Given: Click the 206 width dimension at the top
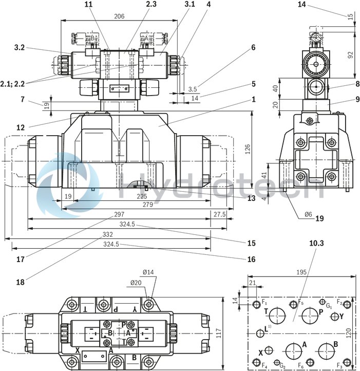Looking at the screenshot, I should point(119,16).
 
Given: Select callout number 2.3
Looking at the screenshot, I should point(137,4).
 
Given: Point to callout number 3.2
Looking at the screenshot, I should point(20,47).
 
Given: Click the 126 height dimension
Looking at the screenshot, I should point(248,149).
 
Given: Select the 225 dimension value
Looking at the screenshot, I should point(142,196).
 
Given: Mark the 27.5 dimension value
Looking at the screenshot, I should point(219,214).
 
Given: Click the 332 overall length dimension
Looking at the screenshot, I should point(107,234).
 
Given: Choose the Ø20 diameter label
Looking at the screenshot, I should point(136,282).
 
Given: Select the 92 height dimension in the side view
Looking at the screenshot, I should point(350,55).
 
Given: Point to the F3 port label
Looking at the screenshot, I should point(339,366).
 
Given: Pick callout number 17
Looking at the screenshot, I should point(20,259).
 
